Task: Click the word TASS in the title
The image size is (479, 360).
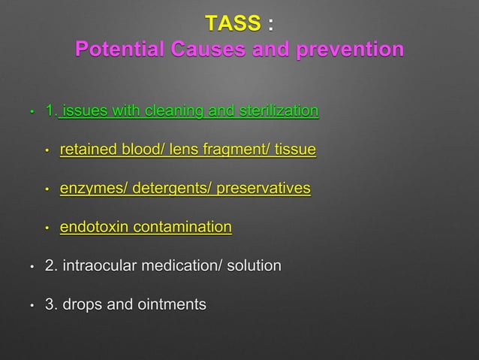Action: point(233,24)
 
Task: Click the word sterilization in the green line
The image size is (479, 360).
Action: point(279,112)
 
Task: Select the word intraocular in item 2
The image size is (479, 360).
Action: point(101,266)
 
